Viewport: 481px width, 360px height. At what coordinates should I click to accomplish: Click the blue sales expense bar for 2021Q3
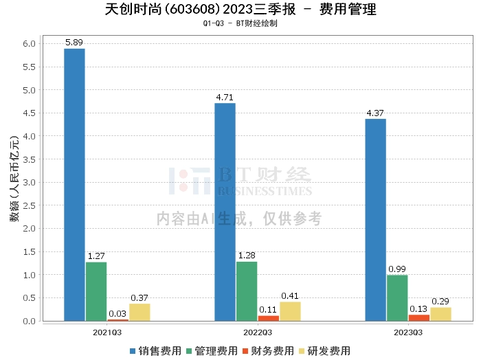pos(74,184)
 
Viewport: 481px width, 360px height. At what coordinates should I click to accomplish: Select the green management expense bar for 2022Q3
pos(247,291)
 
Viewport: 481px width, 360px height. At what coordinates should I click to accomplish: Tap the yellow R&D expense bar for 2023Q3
pos(440,314)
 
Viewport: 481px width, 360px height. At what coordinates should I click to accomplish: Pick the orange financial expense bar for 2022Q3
pos(268,318)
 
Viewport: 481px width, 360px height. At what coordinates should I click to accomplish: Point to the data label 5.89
pos(74,43)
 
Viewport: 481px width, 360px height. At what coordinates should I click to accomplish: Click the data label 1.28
pos(247,256)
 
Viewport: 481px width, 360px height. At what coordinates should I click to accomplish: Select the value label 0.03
pos(118,313)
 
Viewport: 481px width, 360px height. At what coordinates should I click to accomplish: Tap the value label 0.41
pos(290,296)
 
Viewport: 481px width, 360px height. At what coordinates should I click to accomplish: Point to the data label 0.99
pos(397,269)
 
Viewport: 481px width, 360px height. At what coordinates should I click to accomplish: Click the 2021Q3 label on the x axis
pos(107,332)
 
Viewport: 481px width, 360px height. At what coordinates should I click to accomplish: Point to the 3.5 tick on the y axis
pos(30,159)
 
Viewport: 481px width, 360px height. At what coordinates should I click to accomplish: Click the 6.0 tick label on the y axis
pos(30,44)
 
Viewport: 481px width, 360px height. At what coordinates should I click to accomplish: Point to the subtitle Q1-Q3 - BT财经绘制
pos(240,23)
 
